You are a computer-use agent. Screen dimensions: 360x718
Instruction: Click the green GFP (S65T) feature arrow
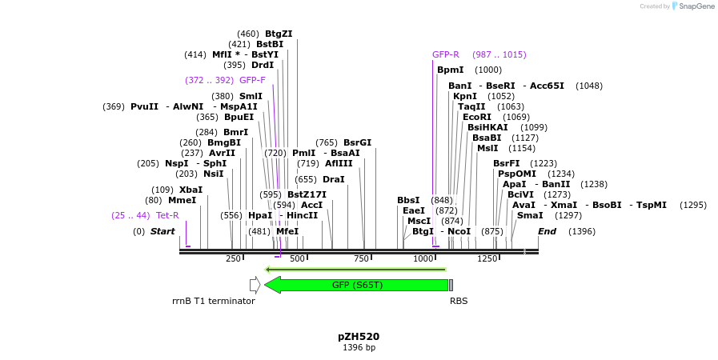(357, 285)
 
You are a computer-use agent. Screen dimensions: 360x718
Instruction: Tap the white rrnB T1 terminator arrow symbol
(255, 284)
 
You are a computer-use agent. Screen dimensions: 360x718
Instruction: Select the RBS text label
(459, 302)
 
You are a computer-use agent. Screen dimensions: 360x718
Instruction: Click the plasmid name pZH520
(359, 337)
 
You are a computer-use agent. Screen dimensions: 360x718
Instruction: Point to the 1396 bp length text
(359, 348)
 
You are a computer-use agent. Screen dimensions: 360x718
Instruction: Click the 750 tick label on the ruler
(360, 258)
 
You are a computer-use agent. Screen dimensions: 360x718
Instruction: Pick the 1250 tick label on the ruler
(487, 258)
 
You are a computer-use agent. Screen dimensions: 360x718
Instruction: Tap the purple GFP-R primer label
(446, 55)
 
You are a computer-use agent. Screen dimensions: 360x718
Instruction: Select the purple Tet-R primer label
(167, 216)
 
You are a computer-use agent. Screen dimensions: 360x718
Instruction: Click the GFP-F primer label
(252, 81)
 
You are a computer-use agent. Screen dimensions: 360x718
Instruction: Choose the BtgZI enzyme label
(279, 34)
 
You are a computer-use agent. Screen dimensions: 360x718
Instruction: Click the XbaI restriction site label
(191, 190)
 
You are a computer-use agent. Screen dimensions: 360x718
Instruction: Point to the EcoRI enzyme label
(477, 118)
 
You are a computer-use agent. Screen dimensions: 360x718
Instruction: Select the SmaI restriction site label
(530, 216)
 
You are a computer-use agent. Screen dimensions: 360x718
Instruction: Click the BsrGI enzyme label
(357, 143)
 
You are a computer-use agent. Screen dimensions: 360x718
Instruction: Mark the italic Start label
(162, 232)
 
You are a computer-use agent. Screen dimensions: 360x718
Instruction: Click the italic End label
(547, 232)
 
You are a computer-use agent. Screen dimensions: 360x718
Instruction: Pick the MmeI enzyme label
(182, 201)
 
